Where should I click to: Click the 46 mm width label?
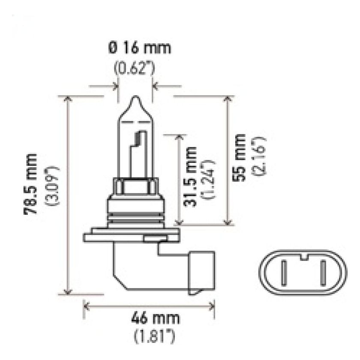tap(149, 319)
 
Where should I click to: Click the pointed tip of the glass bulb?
tap(135, 99)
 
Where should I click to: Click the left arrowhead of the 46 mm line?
tap(85, 306)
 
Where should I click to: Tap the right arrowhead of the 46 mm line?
tap(212, 306)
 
